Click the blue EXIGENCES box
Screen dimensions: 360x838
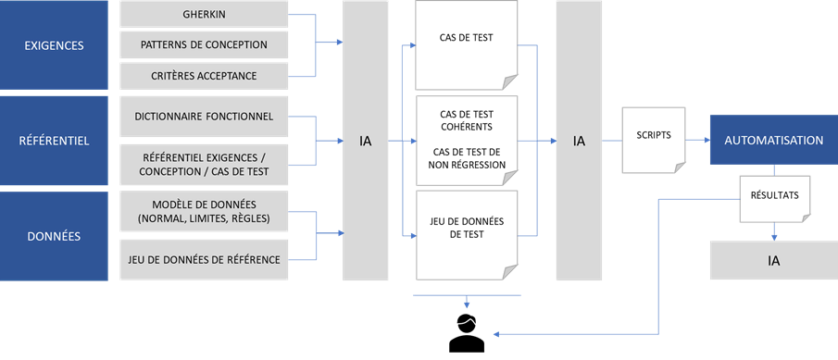pyautogui.click(x=54, y=45)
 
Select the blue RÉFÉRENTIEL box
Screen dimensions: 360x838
pyautogui.click(x=54, y=141)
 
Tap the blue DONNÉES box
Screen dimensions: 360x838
pyautogui.click(x=54, y=236)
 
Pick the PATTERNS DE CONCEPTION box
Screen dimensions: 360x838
pyautogui.click(x=204, y=45)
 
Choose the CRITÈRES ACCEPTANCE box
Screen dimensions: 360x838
pyautogui.click(x=204, y=75)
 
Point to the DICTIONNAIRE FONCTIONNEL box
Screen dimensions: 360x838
pyautogui.click(x=204, y=117)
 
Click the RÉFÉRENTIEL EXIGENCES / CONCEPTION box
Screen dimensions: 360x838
pyautogui.click(x=204, y=165)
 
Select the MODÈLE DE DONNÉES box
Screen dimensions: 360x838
pyautogui.click(x=204, y=212)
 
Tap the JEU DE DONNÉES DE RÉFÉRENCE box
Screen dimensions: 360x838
pyautogui.click(x=204, y=260)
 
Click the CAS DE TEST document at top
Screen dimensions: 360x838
pyautogui.click(x=466, y=42)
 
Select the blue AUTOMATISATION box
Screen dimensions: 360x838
pyautogui.click(x=773, y=141)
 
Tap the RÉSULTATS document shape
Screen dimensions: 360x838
pyautogui.click(x=774, y=197)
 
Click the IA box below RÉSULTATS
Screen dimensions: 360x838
pyautogui.click(x=773, y=260)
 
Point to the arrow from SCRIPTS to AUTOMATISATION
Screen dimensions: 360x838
pyautogui.click(x=697, y=141)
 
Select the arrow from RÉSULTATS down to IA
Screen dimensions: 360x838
pyautogui.click(x=774, y=231)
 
